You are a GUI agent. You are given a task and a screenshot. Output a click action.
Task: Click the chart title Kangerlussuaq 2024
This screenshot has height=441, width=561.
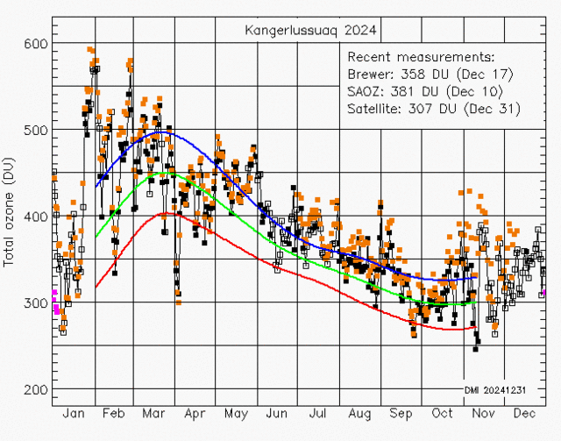(x=312, y=31)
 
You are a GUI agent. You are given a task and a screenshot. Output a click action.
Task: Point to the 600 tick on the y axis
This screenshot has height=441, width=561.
(x=36, y=43)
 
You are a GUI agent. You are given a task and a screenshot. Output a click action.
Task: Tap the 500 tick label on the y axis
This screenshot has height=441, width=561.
(x=36, y=130)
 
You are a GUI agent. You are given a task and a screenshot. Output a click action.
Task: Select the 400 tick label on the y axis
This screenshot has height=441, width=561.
(x=36, y=217)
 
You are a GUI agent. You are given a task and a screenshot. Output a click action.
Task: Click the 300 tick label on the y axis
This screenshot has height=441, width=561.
(x=36, y=303)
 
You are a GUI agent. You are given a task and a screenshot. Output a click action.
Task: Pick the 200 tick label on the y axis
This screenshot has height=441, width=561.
(x=36, y=389)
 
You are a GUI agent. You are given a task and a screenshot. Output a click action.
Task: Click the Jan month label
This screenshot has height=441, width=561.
(x=74, y=413)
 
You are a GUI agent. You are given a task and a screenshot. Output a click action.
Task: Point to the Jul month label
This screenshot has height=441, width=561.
(x=317, y=413)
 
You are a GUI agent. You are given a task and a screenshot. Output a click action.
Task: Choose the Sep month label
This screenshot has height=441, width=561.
(x=400, y=413)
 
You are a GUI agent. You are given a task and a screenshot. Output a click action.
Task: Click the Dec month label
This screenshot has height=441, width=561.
(x=524, y=413)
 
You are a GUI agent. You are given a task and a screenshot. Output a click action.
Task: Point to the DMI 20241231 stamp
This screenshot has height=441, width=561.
(x=494, y=389)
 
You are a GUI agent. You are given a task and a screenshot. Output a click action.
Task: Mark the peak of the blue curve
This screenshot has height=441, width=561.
(x=165, y=133)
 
